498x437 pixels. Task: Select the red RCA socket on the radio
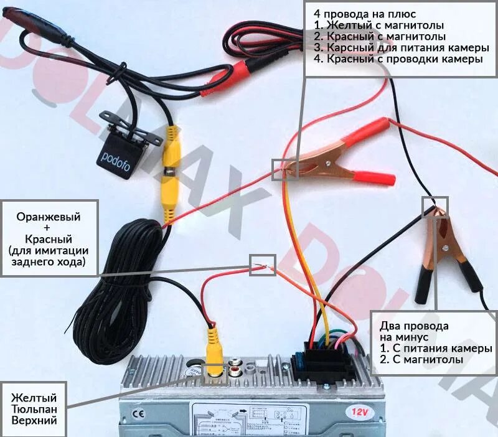[237, 372]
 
